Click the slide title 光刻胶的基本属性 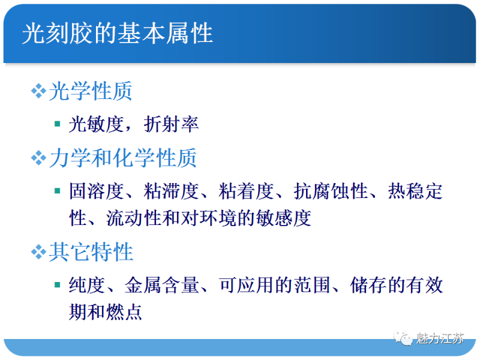(x=118, y=33)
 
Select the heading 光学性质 (x=91, y=91)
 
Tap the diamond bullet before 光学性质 (x=38, y=91)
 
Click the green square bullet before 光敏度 (x=57, y=124)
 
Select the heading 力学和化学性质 (x=122, y=158)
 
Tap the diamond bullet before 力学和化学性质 (x=38, y=158)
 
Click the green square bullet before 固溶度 (x=57, y=191)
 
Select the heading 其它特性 (x=91, y=252)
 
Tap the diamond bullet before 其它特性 (x=38, y=252)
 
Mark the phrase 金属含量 (x=162, y=285)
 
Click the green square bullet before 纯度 (x=57, y=285)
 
